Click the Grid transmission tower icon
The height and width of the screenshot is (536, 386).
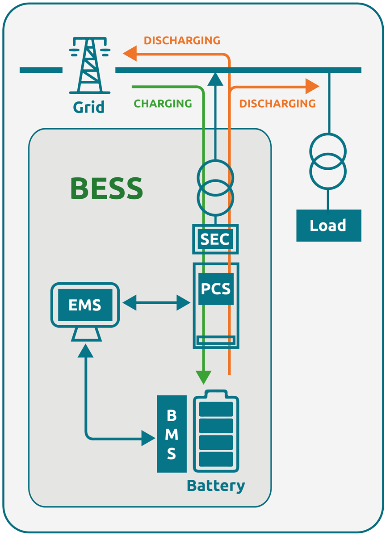click(90, 66)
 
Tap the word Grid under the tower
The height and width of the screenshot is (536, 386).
click(89, 107)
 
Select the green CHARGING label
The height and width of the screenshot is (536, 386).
click(163, 104)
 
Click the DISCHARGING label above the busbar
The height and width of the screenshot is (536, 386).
click(182, 41)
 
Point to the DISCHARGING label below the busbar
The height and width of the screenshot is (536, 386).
click(277, 104)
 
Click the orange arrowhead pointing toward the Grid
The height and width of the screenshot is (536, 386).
click(130, 54)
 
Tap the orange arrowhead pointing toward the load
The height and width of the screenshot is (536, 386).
click(312, 86)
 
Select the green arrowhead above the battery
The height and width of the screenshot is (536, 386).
click(203, 377)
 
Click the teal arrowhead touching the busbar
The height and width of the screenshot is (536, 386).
click(215, 79)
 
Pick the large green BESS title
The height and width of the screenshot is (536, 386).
click(107, 189)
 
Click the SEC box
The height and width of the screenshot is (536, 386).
click(215, 239)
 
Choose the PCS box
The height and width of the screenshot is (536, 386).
click(216, 289)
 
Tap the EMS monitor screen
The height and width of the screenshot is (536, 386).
click(85, 305)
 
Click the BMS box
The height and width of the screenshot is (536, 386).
click(172, 434)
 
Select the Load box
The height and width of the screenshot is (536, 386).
click(328, 226)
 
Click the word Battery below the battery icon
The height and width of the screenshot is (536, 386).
click(216, 486)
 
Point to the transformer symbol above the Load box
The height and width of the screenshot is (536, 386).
click(328, 161)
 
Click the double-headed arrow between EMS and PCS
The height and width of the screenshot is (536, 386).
click(156, 303)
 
